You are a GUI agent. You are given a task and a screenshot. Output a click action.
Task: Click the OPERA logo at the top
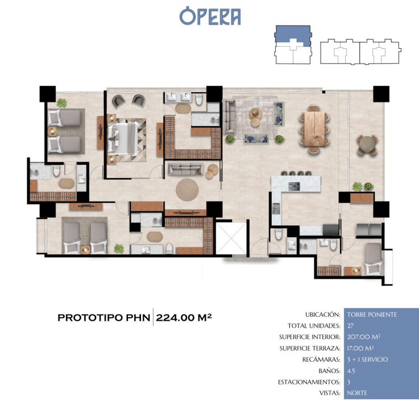click(210, 16)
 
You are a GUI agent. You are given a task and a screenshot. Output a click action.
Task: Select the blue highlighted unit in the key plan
click(293, 35)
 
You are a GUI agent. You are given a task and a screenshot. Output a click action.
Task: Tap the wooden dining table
click(314, 129)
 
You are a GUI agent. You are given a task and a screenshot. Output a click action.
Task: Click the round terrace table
click(367, 144)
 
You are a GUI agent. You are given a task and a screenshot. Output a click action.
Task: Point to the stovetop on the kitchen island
click(294, 186)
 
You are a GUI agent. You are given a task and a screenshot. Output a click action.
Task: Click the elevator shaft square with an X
click(231, 238)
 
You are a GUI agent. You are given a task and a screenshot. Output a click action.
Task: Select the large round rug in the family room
click(187, 189)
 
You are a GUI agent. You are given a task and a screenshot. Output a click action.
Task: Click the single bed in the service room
click(374, 258)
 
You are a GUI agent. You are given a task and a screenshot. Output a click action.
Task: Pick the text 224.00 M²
click(184, 317)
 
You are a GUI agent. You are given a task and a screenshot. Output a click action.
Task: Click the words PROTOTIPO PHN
click(103, 317)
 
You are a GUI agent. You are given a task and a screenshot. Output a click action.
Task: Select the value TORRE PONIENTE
click(372, 314)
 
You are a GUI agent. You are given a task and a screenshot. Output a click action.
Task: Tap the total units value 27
click(350, 326)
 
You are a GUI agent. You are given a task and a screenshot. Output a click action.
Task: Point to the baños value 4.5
click(351, 371)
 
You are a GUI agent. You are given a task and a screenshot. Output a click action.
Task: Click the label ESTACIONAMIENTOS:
click(309, 382)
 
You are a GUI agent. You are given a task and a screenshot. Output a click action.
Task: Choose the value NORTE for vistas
click(357, 393)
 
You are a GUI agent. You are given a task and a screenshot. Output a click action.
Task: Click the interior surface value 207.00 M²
click(364, 337)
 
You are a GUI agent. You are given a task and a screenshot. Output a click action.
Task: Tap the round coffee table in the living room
click(255, 113)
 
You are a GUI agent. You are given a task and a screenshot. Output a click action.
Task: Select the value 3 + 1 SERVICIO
click(367, 359)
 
